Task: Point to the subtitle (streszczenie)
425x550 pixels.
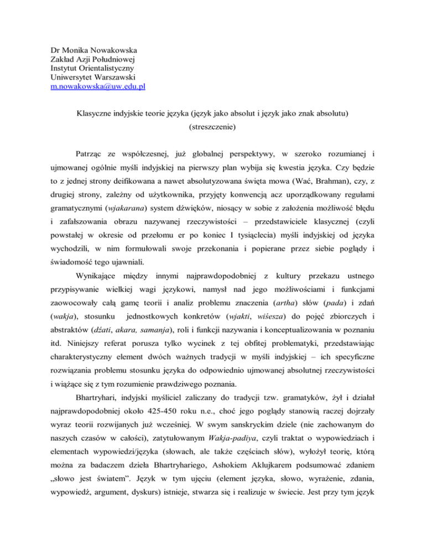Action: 212,133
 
